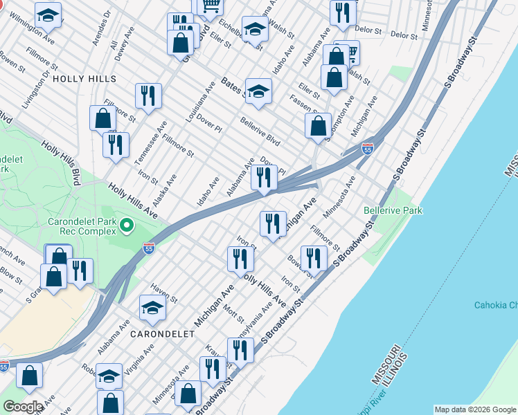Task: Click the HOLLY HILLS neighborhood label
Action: pyautogui.click(x=84, y=79)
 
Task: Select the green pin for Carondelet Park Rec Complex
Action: pyautogui.click(x=126, y=225)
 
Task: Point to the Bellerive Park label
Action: pyautogui.click(x=393, y=210)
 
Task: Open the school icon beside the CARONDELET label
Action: pyautogui.click(x=152, y=308)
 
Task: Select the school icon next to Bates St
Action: pyautogui.click(x=258, y=91)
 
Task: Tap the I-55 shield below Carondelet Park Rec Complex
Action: pyautogui.click(x=148, y=248)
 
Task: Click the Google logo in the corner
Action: pyautogui.click(x=22, y=407)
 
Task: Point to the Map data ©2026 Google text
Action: pyautogui.click(x=475, y=409)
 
